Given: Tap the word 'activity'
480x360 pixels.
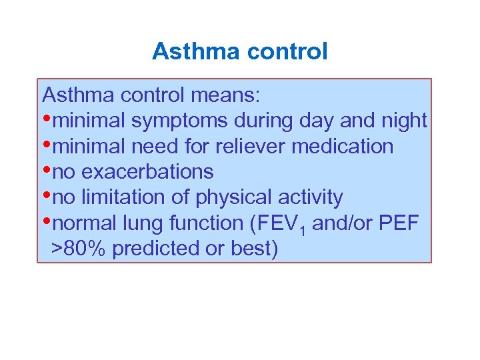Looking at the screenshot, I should [312, 197].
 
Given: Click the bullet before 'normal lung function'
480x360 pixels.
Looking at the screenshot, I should [46, 221].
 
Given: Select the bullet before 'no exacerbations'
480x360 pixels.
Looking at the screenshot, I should [46, 169].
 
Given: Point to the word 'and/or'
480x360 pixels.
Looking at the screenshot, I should [342, 223].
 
